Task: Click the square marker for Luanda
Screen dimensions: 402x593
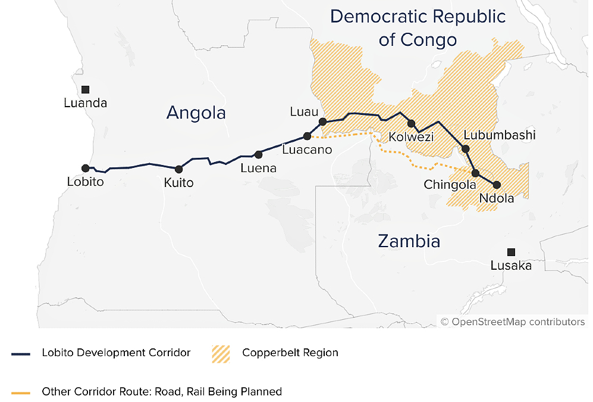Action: (x=86, y=89)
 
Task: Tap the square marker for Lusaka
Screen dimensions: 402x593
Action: (x=511, y=252)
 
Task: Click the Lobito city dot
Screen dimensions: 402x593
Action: (x=86, y=169)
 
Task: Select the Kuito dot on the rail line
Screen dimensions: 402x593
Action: (x=178, y=170)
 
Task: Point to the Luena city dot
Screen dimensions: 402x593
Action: (x=258, y=154)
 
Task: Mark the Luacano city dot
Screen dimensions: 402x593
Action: (x=307, y=136)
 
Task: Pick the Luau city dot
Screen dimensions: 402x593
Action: (x=322, y=121)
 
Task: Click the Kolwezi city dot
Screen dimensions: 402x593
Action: (x=411, y=123)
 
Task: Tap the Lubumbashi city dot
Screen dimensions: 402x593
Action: (x=466, y=149)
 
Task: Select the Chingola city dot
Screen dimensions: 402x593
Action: (x=475, y=173)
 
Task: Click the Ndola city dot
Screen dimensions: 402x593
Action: (x=497, y=185)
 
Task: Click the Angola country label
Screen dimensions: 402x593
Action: (x=196, y=113)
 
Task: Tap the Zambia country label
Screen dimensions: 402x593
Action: (x=409, y=241)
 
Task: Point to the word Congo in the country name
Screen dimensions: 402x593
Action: (x=427, y=40)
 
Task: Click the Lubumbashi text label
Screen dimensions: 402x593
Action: (x=499, y=135)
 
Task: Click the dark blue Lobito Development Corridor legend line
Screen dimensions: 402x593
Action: (x=20, y=354)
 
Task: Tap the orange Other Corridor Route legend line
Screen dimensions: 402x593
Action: (x=20, y=392)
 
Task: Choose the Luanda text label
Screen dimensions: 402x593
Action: (x=86, y=103)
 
